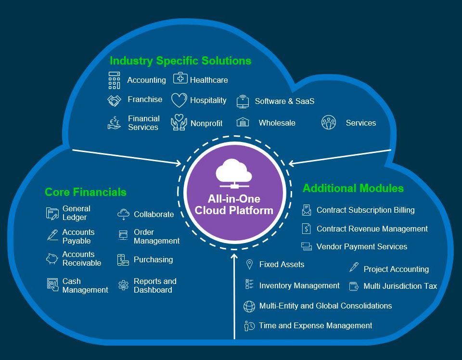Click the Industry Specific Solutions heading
click(180, 61)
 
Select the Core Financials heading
click(86, 192)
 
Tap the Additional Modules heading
click(353, 188)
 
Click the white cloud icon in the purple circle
click(234, 173)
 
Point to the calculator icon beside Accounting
click(115, 80)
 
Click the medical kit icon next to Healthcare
click(180, 78)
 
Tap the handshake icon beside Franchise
click(115, 101)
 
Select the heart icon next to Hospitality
click(179, 100)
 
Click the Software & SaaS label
click(284, 101)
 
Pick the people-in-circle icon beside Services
click(329, 122)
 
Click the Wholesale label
click(277, 123)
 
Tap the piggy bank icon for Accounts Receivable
click(52, 258)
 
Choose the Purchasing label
click(153, 259)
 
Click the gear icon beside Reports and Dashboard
click(124, 285)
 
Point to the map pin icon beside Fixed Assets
click(249, 265)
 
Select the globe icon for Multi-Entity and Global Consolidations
click(249, 307)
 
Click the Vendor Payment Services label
click(362, 246)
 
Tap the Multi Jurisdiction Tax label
click(400, 286)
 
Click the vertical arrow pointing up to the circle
click(234, 296)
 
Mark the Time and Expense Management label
click(315, 325)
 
